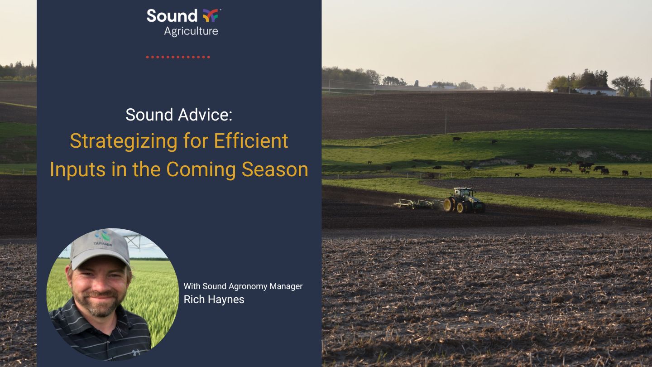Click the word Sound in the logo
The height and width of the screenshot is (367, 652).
pos(172,16)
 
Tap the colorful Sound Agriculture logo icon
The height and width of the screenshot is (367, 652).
pos(211,16)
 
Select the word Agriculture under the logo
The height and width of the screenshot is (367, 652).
pos(191,31)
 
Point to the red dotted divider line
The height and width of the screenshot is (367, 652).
pos(178,57)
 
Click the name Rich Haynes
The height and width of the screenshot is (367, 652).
pos(214,299)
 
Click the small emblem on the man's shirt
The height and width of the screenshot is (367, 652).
pos(135,353)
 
